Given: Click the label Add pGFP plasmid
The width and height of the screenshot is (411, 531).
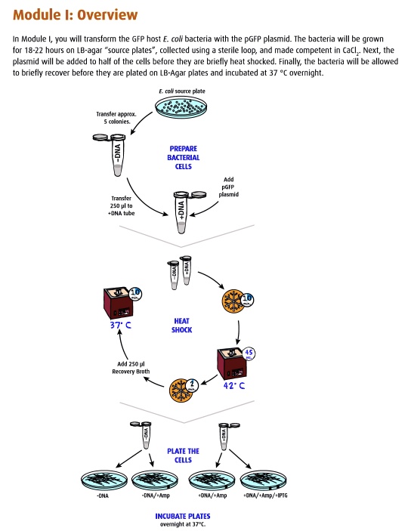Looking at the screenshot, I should [x=228, y=187].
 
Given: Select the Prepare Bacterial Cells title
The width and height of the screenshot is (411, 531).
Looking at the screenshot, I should [x=184, y=156].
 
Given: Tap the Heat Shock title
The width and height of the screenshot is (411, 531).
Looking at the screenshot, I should [x=184, y=325].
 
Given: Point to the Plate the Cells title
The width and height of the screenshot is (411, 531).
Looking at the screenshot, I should [x=184, y=455].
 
